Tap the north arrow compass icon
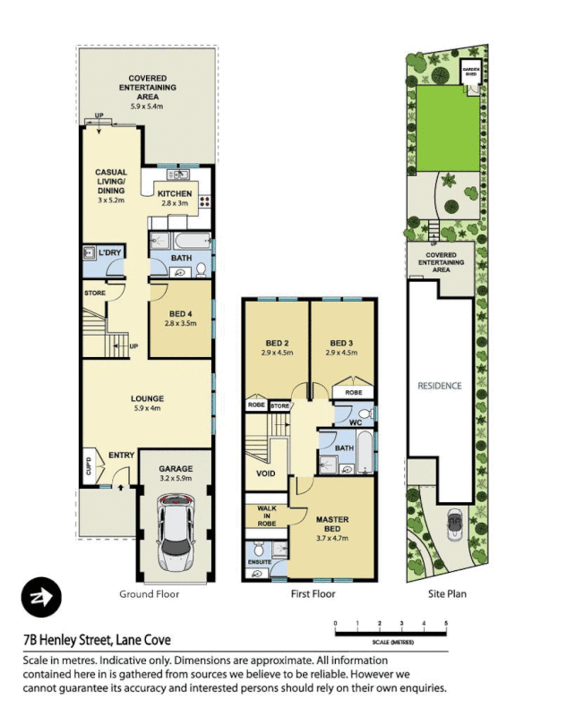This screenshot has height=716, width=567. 41,594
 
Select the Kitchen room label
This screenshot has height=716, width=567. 175,193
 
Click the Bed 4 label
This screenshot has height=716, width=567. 181,313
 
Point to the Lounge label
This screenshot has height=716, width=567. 146,399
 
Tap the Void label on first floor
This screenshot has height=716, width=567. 266,473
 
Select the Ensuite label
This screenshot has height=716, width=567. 258,562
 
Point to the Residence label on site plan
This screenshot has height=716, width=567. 440,386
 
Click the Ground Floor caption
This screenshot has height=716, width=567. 150,593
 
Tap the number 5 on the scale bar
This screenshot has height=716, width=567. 445,621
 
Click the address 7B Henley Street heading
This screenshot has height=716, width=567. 97,640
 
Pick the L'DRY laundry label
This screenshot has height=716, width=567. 109,253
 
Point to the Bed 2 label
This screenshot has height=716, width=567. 276,343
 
